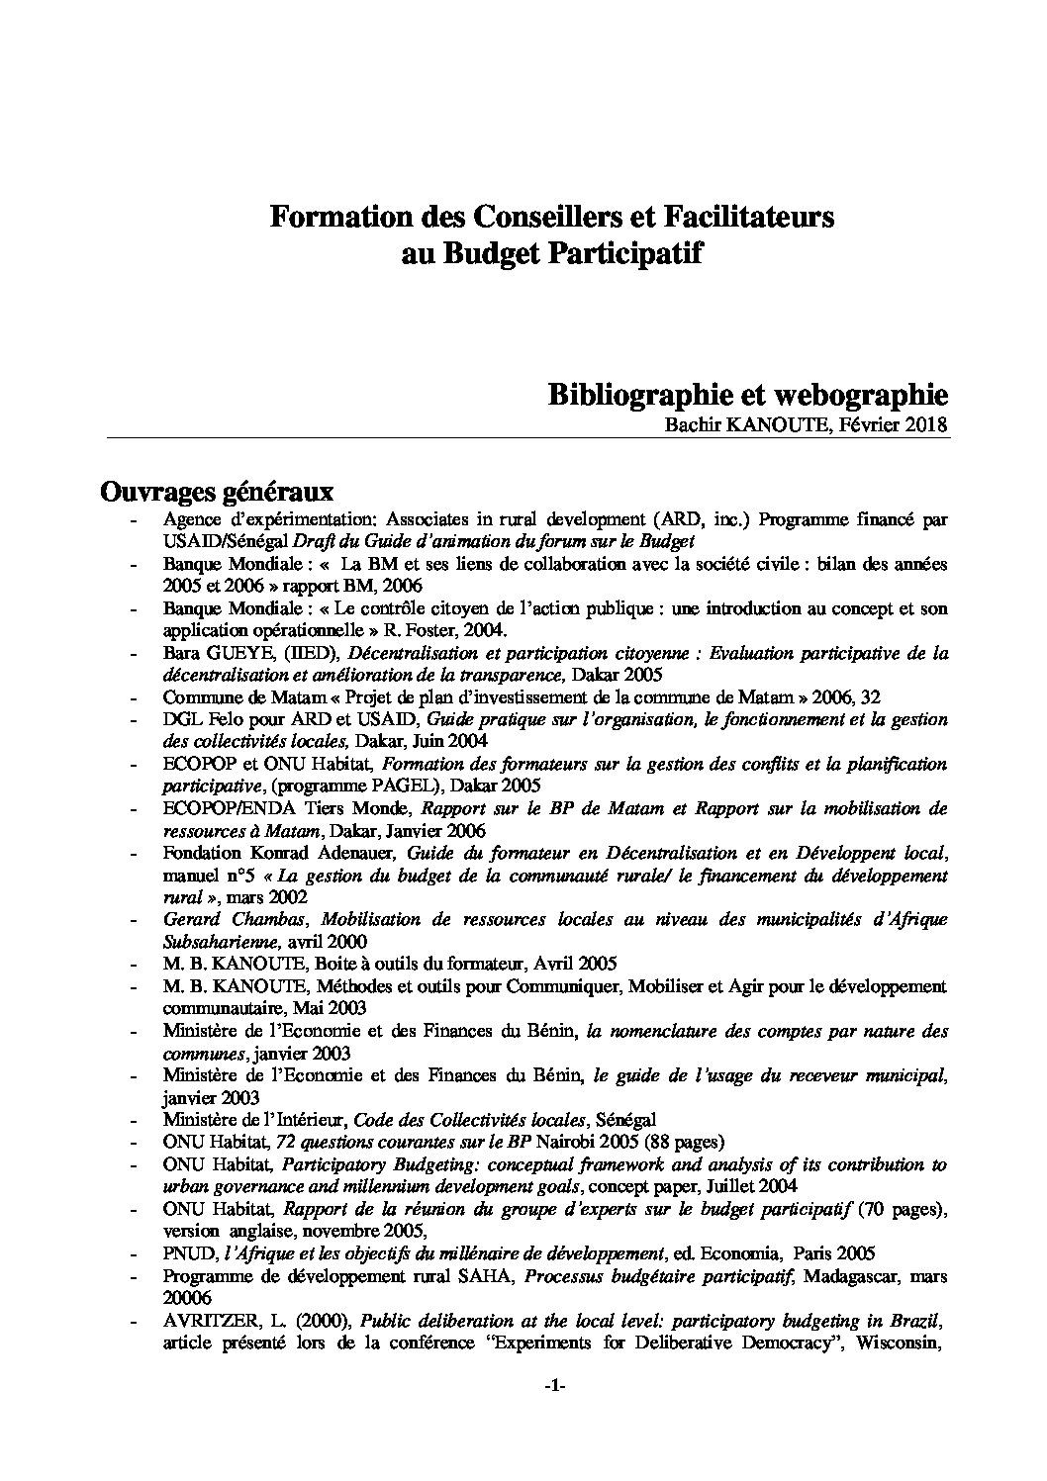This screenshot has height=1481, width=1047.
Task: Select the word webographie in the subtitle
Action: [865, 396]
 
